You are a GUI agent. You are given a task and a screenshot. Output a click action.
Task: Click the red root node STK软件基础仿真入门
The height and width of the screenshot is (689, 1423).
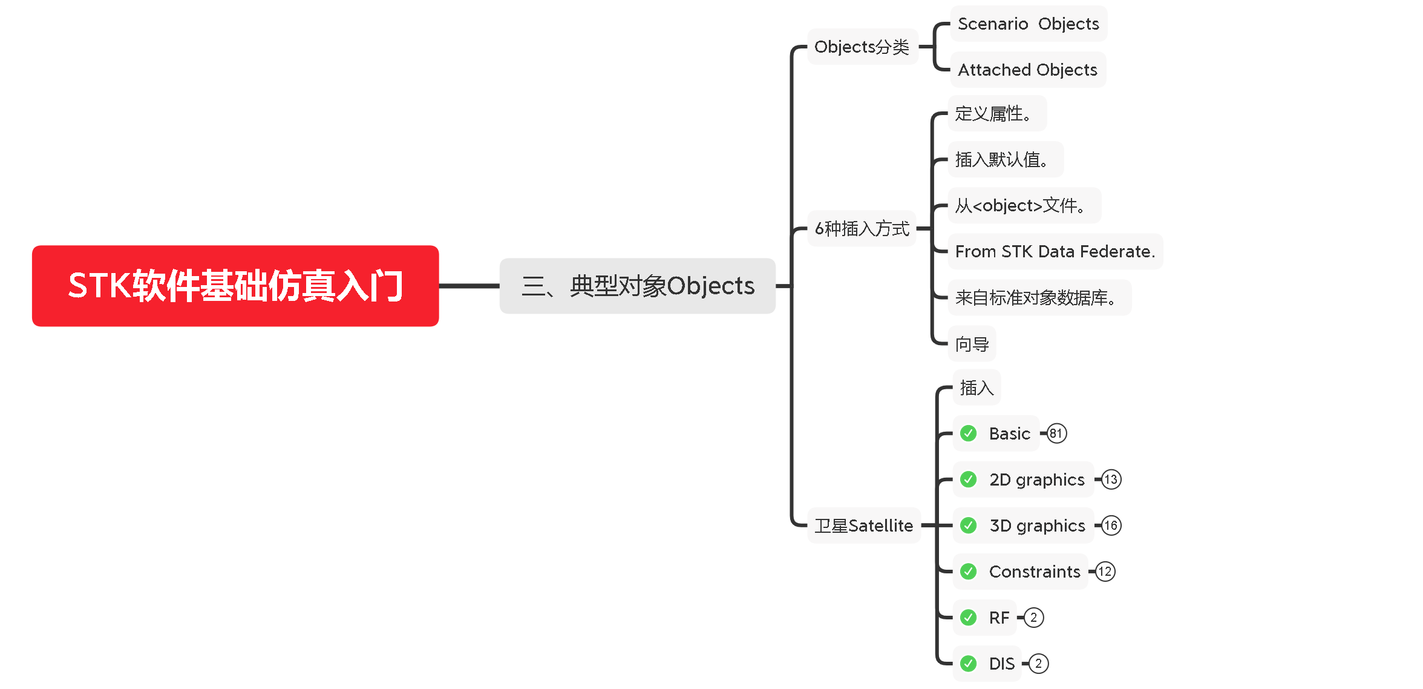coord(235,286)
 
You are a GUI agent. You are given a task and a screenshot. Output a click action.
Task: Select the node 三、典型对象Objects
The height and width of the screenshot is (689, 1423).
coord(637,286)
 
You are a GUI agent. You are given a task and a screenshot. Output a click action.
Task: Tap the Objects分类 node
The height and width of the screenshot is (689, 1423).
coord(862,47)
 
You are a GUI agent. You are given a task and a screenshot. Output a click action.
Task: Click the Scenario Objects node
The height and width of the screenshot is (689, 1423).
coord(1028,24)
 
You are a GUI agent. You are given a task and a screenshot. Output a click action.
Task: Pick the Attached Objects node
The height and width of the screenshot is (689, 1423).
coord(1027,70)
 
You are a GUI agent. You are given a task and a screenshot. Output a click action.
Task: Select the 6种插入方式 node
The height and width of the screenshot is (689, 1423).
coord(862,229)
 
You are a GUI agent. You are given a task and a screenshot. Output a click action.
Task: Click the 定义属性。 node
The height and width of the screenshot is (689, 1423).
coord(996,114)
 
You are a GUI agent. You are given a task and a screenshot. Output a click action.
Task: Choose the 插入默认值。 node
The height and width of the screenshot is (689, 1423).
coord(1004,160)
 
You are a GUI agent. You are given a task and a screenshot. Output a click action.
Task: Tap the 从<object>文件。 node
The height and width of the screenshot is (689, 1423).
coord(1023,206)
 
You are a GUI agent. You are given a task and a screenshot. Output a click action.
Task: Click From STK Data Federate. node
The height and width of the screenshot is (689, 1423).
coord(1055,252)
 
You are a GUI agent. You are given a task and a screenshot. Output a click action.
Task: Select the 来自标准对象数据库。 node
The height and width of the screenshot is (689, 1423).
coord(1039,298)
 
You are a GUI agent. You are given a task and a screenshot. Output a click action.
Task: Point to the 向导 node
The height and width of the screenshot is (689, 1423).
coord(972,344)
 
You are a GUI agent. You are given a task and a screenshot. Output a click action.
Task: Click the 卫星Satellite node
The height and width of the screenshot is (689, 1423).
coord(863,526)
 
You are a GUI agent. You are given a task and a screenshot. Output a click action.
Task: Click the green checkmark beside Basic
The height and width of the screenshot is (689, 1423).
coord(969,434)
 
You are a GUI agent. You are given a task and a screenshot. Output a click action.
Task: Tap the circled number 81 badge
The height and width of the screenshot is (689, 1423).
coord(1056,434)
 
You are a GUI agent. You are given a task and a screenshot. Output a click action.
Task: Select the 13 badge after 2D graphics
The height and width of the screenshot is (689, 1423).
coord(1111,480)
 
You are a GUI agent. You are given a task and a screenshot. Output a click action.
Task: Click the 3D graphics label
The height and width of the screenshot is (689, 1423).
coord(1037,526)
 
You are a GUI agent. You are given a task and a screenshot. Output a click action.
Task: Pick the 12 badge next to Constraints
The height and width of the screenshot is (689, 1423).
coord(1105,572)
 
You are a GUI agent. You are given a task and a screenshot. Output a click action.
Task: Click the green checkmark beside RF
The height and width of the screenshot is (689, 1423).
coord(969,618)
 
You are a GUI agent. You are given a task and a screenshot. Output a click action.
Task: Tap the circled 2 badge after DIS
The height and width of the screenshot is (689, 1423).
coord(1038,664)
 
